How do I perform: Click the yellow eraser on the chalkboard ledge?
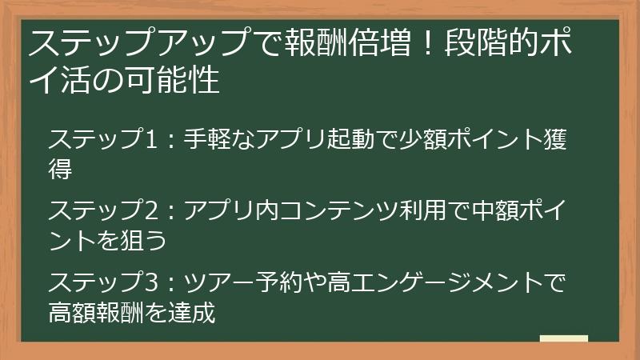[x=563, y=338]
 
